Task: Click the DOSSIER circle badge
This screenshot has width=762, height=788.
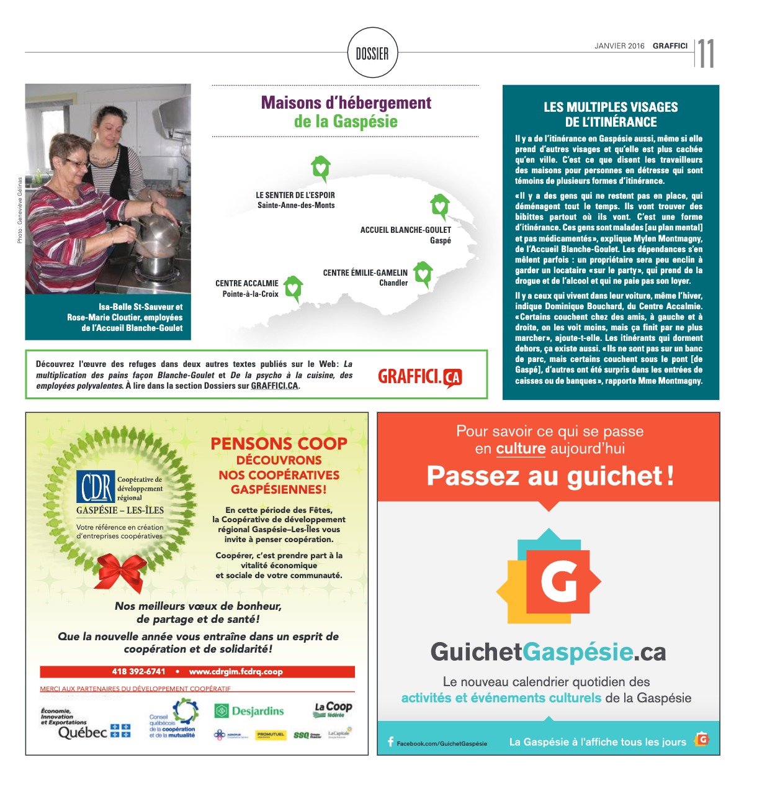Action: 372,54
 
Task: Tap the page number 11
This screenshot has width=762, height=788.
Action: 706,54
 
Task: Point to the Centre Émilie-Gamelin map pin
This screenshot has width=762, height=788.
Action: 423,273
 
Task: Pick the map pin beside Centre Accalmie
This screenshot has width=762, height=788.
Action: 293,288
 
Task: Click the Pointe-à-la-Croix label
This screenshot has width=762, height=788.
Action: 250,294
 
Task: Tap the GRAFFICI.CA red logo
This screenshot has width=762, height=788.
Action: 420,377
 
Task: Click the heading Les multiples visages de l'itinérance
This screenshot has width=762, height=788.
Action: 611,114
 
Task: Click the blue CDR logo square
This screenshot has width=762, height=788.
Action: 96,487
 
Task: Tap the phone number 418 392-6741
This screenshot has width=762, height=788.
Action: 139,671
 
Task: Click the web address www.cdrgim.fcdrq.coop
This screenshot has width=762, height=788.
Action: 236,671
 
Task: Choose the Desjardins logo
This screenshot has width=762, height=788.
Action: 249,711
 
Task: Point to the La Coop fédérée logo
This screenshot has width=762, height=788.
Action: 333,709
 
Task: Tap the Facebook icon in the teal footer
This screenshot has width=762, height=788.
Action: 390,741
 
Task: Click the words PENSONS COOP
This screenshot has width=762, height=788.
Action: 279,444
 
